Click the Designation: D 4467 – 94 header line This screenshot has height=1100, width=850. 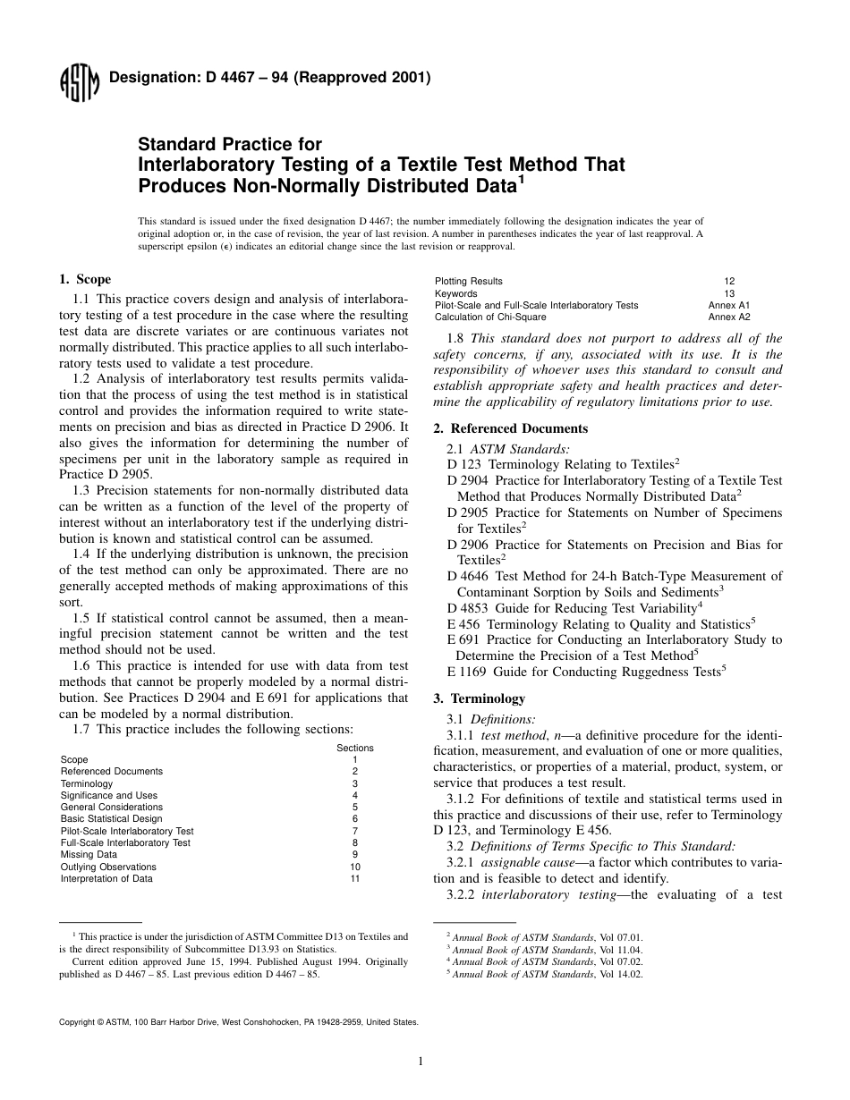coord(269,78)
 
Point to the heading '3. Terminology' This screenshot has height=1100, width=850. coord(479,698)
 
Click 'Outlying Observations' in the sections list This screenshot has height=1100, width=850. coord(108,867)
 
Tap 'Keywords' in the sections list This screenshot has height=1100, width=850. coord(456,293)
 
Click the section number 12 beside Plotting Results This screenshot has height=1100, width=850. coord(729,281)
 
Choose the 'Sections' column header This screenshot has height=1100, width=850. coord(355,748)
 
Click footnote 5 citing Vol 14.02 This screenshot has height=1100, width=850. coord(545,974)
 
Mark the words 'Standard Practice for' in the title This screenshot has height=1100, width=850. coord(230,144)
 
